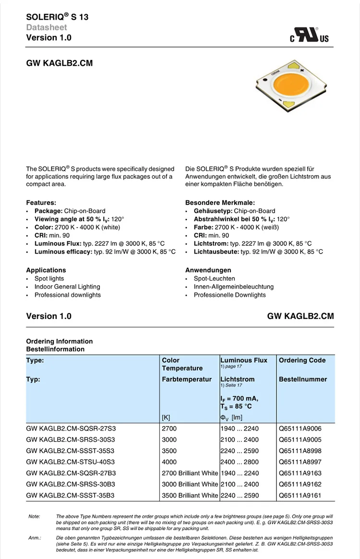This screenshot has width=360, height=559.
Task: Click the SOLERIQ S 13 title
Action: pos(57,17)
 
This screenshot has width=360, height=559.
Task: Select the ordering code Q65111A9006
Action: pos(300,428)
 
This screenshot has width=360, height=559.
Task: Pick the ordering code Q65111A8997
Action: pos(300,462)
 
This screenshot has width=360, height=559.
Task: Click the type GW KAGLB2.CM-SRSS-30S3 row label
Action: pos(71,439)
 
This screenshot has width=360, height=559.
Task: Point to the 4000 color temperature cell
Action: pos(169,462)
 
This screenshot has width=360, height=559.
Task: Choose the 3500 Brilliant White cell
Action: pos(190,495)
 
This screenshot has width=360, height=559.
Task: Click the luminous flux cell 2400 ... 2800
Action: pos(239,462)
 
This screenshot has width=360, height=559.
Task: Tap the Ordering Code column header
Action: pos(302,360)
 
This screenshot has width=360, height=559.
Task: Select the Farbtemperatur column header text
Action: pos(187,379)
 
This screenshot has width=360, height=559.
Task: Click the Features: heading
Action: pos(41,203)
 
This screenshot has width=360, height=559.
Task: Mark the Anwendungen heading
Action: pos(208,270)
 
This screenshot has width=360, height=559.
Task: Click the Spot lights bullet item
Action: pos(49,279)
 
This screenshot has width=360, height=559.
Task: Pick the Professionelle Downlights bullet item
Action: pos(229,295)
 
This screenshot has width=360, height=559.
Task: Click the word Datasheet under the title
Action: pos(47,27)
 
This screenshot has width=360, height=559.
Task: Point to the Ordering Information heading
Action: pos(60,341)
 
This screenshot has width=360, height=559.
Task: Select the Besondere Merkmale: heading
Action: pos(220,203)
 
